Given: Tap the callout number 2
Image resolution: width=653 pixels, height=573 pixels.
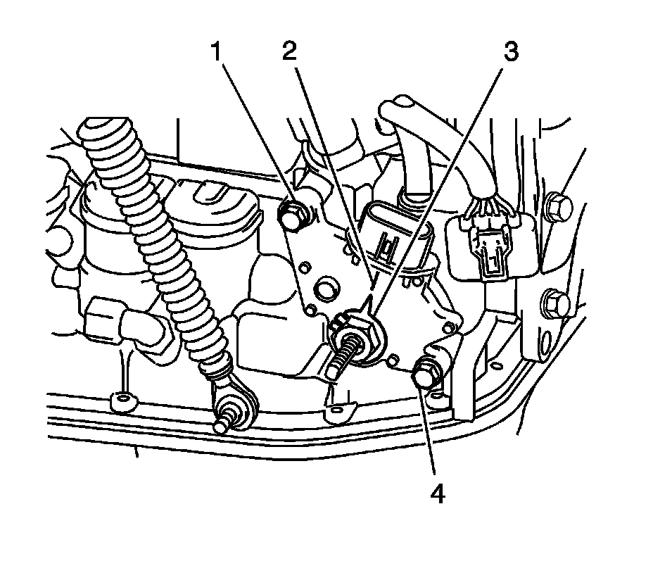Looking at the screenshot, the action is [x=289, y=52].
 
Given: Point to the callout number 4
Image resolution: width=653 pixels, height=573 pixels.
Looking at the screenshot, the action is [x=438, y=495].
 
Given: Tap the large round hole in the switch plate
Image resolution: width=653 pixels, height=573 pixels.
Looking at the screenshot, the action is [x=326, y=289].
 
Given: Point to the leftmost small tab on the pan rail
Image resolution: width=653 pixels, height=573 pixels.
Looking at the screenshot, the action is [x=122, y=402].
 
